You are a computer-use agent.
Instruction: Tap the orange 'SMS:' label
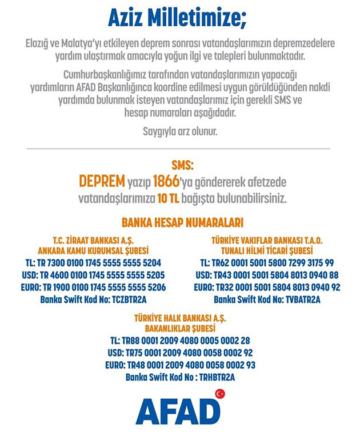[179, 166]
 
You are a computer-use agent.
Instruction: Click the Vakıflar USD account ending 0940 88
[266, 275]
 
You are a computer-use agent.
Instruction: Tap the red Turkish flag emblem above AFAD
[220, 394]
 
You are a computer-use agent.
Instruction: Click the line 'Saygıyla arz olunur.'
[179, 131]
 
